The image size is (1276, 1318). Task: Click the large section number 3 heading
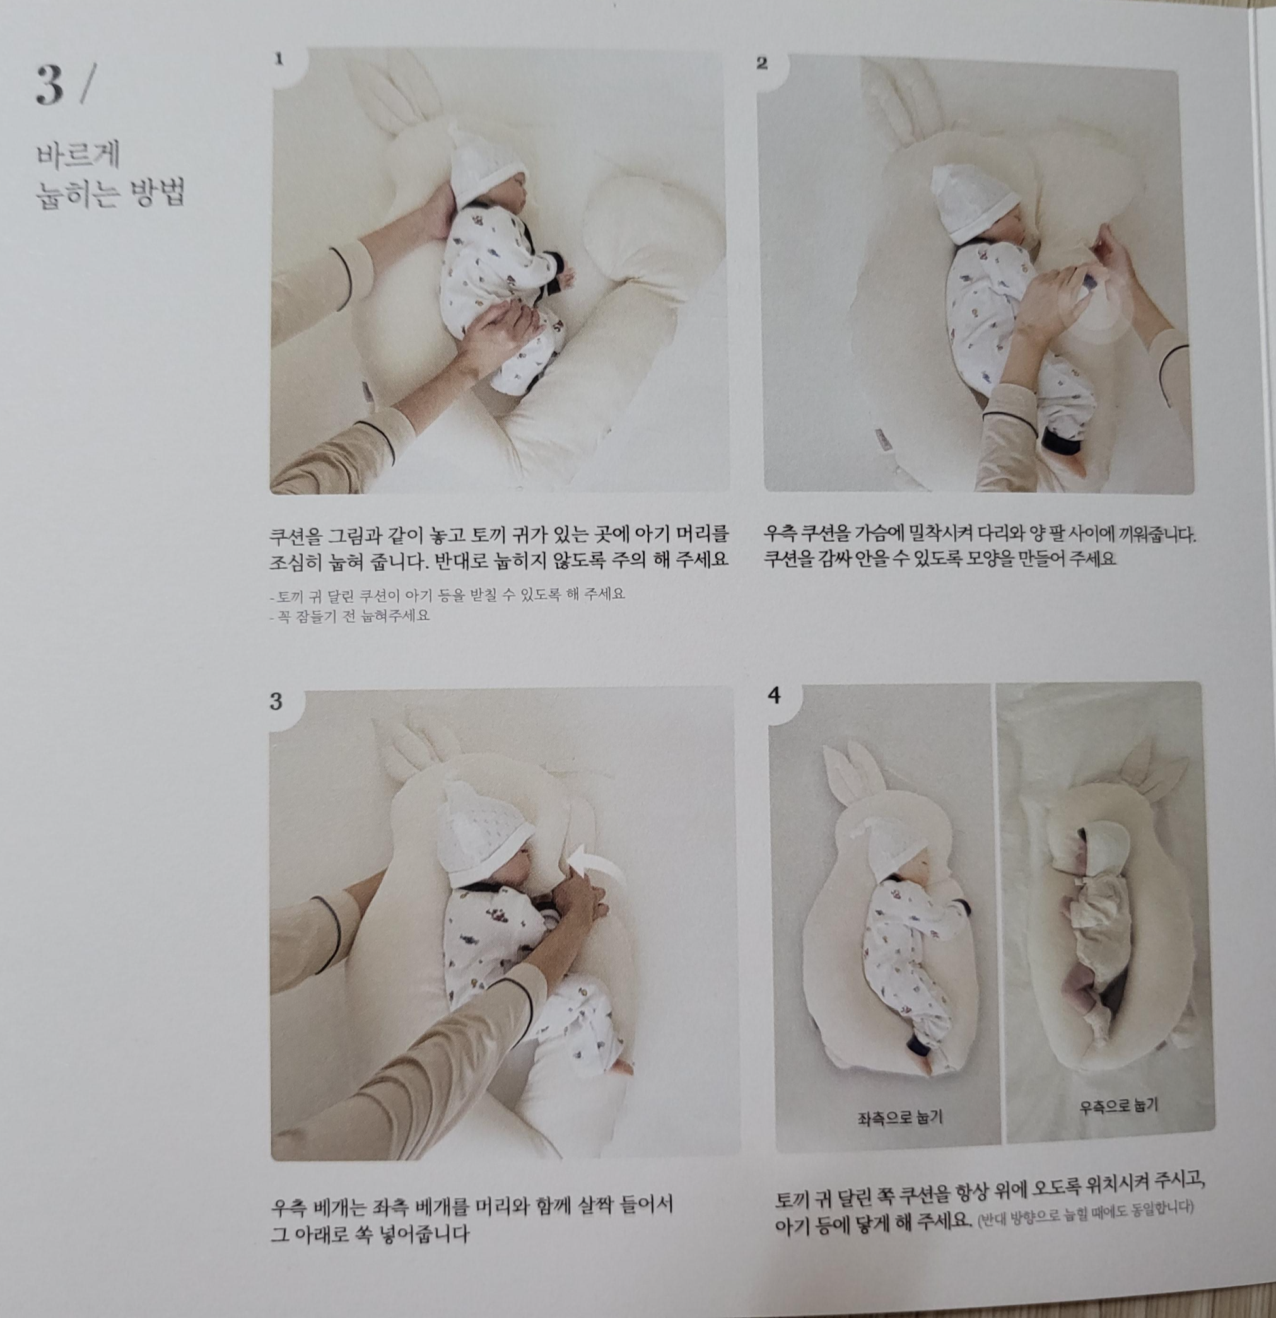click(x=50, y=86)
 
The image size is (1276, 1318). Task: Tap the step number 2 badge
click(x=762, y=63)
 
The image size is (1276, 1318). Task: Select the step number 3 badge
click(x=276, y=701)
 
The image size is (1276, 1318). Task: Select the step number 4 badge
click(x=774, y=695)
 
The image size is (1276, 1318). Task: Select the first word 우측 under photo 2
click(x=779, y=535)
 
